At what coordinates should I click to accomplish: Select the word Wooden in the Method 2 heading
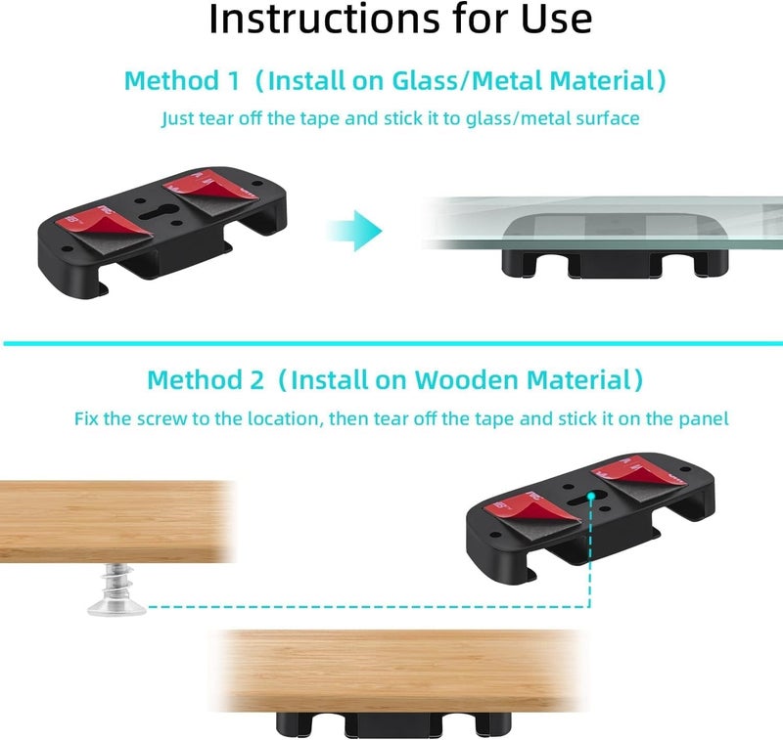coord(467,379)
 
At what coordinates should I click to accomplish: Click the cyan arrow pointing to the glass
coord(354,231)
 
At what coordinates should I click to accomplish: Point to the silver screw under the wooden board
coord(116,588)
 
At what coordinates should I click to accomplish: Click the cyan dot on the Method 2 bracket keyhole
coord(591,497)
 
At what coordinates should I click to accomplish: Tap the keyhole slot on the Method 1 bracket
coord(159,212)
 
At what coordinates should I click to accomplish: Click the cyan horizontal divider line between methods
coord(393,343)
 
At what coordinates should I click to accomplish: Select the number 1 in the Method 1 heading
coord(233,81)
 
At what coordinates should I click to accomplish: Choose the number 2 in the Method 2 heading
coord(256,380)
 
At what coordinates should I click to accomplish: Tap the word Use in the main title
coord(556,19)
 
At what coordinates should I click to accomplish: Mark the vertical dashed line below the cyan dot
coord(590,553)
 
